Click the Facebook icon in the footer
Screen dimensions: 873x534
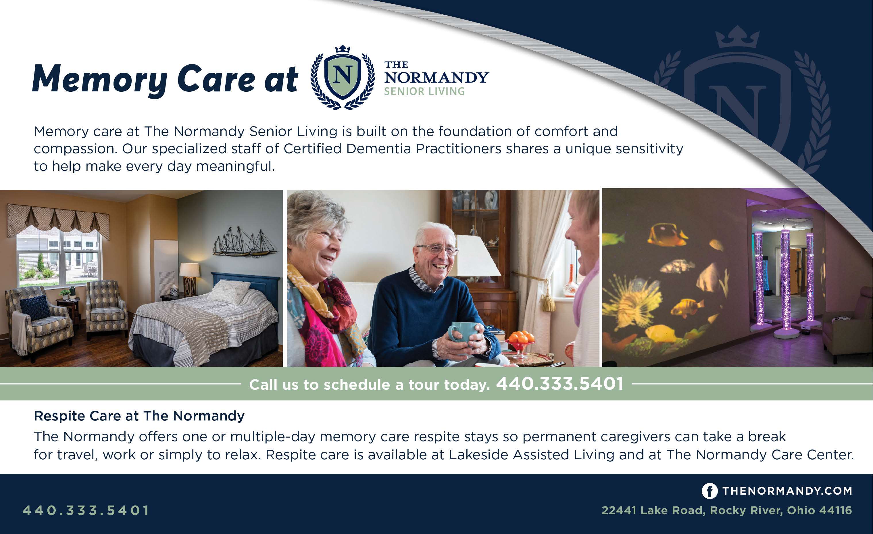pos(710,491)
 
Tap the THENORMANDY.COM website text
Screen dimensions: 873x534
pos(787,491)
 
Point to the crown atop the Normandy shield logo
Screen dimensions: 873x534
pos(343,49)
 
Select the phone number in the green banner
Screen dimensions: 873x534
pos(559,383)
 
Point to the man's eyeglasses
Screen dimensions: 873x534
pos(438,249)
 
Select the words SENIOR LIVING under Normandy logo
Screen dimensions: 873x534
pos(424,91)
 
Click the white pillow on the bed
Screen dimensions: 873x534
pos(230,291)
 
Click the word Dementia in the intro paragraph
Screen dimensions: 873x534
pos(378,149)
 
